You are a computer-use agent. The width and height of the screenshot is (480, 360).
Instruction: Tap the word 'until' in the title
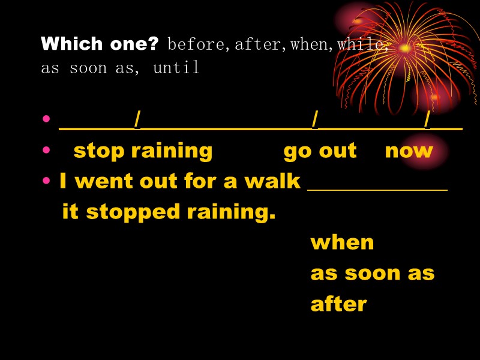coord(176,68)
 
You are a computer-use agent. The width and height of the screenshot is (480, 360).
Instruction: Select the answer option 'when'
coord(342,242)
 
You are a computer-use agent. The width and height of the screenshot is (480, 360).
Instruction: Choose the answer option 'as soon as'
coord(372,273)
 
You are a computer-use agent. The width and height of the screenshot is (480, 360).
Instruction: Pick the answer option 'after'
coord(338,304)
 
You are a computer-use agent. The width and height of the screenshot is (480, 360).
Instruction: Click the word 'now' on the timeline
coord(409,150)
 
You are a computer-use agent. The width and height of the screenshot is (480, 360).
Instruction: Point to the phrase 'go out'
coord(320,150)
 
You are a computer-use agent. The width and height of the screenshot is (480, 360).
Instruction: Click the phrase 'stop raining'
coord(143,150)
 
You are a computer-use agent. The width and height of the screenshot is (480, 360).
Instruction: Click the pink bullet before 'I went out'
coord(47,181)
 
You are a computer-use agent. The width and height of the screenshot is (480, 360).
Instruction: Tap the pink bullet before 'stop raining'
coord(47,150)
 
